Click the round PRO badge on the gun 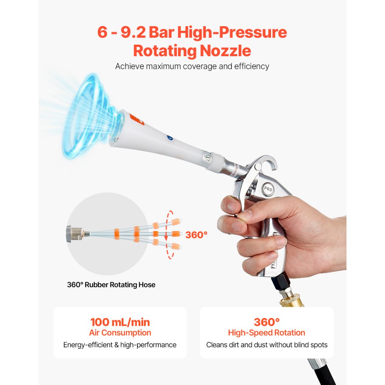coord(268,189)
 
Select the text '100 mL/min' coord(120,322)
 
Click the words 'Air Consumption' coord(120,333)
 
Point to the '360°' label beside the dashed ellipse coord(196,234)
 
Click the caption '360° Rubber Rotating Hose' coord(111,285)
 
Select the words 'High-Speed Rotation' coord(266,333)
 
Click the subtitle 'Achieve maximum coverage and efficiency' coord(192,66)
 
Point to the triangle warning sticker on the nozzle coord(207,157)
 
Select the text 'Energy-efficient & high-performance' coord(120,345)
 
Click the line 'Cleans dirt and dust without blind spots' coord(267,345)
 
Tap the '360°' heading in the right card coord(266,322)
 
